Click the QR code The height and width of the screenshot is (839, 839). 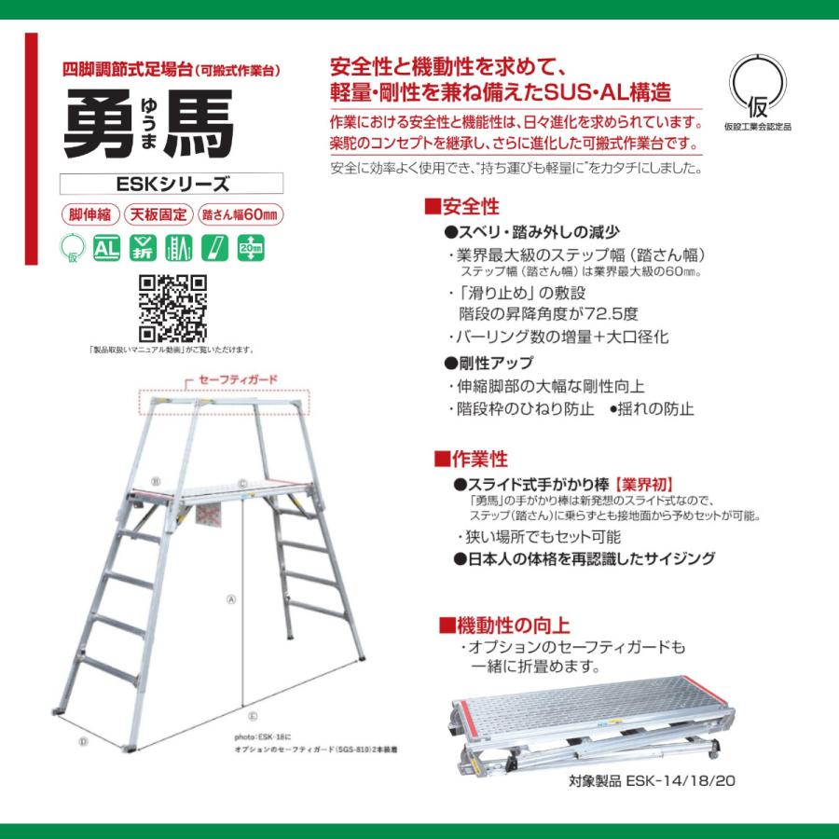click(x=172, y=309)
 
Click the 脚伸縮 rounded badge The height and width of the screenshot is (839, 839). click(x=89, y=213)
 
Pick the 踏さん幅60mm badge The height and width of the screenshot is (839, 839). click(x=241, y=213)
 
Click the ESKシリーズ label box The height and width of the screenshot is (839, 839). click(x=171, y=185)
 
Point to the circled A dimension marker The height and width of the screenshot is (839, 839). click(x=230, y=600)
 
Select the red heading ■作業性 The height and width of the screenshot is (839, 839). click(x=471, y=459)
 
